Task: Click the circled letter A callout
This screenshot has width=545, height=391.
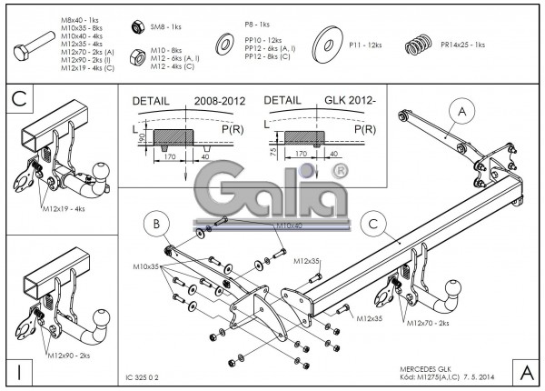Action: (462, 112)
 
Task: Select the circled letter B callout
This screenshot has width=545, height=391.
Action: (156, 223)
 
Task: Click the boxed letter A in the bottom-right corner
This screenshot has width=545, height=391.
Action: (527, 371)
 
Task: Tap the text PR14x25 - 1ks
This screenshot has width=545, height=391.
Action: (462, 43)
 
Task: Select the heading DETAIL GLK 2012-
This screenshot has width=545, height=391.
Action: (314, 103)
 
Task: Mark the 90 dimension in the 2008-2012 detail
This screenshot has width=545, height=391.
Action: (143, 137)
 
